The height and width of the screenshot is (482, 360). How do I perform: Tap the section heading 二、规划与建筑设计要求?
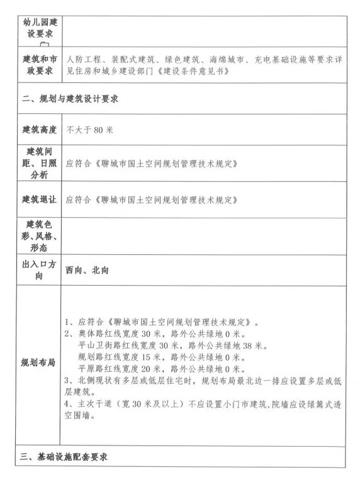coord(70,99)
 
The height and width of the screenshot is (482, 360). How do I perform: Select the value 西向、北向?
coord(87,270)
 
